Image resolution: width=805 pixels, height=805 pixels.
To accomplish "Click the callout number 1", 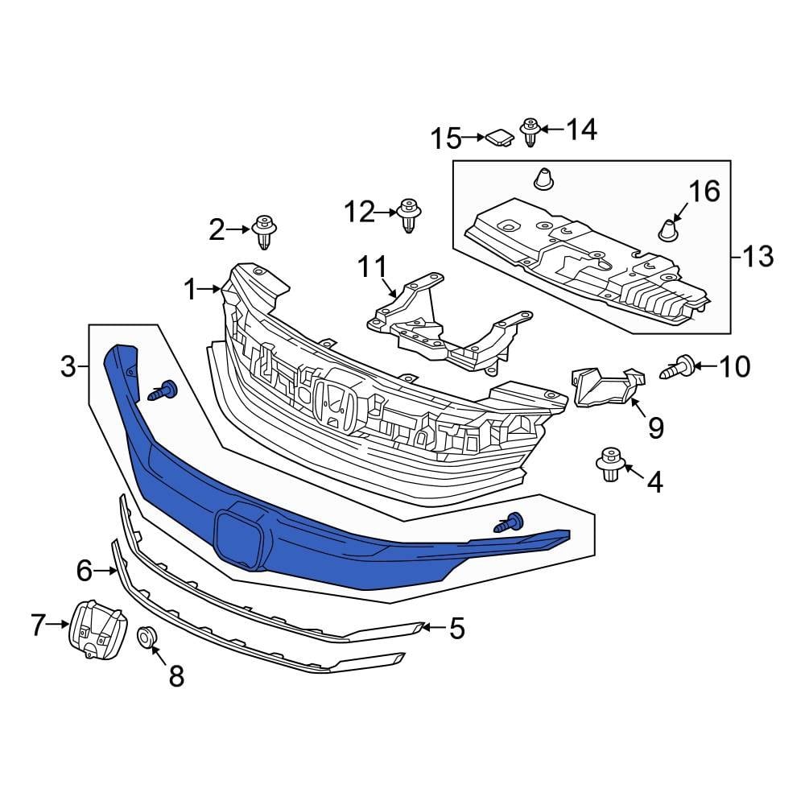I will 190,288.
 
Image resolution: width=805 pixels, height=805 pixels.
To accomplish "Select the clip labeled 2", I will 264,233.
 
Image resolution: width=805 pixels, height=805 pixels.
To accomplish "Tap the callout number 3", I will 69,367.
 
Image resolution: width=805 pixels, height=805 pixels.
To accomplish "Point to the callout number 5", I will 456,628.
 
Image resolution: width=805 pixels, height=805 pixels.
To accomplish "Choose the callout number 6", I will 85,571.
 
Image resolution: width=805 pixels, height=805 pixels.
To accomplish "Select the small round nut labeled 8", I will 146,637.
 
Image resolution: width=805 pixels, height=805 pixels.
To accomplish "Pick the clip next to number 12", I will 410,215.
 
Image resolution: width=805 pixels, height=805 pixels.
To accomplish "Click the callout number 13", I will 757,257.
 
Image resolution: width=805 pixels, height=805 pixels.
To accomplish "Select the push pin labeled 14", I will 530,131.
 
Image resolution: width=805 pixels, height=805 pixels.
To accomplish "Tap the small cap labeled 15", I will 500,138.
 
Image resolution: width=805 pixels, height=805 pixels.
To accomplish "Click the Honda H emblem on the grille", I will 335,403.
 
